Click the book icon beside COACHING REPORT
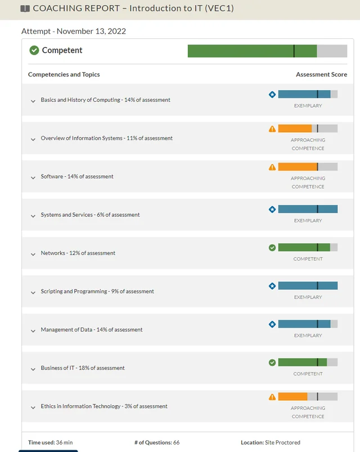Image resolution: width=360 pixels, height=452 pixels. click(x=25, y=8)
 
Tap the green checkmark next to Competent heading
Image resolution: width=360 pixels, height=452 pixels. click(x=34, y=50)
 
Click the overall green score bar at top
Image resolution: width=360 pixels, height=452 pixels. click(x=252, y=51)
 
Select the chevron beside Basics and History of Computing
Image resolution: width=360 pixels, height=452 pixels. click(x=33, y=101)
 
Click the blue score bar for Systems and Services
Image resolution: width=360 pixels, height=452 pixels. click(x=308, y=209)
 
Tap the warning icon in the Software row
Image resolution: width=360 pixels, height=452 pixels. click(x=272, y=167)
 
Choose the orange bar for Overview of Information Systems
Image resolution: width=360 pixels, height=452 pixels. click(x=295, y=128)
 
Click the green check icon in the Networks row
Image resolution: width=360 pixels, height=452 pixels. click(x=272, y=248)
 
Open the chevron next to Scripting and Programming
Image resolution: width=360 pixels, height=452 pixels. click(x=33, y=292)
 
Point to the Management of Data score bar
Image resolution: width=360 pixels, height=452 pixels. click(x=308, y=324)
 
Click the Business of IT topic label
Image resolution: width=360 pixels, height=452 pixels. click(x=83, y=368)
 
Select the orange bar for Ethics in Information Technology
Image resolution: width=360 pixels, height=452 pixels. click(x=292, y=396)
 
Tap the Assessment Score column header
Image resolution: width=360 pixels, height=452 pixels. click(x=321, y=74)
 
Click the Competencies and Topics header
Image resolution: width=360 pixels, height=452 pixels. click(x=64, y=74)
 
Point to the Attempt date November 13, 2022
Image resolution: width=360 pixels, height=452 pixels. click(x=74, y=31)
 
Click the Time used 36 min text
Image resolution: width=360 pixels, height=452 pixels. click(x=51, y=442)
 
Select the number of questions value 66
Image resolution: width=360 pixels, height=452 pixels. click(x=175, y=442)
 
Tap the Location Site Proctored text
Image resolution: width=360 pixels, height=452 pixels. click(x=271, y=442)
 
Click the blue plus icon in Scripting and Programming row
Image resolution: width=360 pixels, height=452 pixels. click(x=272, y=286)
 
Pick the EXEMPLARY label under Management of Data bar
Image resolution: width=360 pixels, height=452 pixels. click(x=308, y=335)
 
